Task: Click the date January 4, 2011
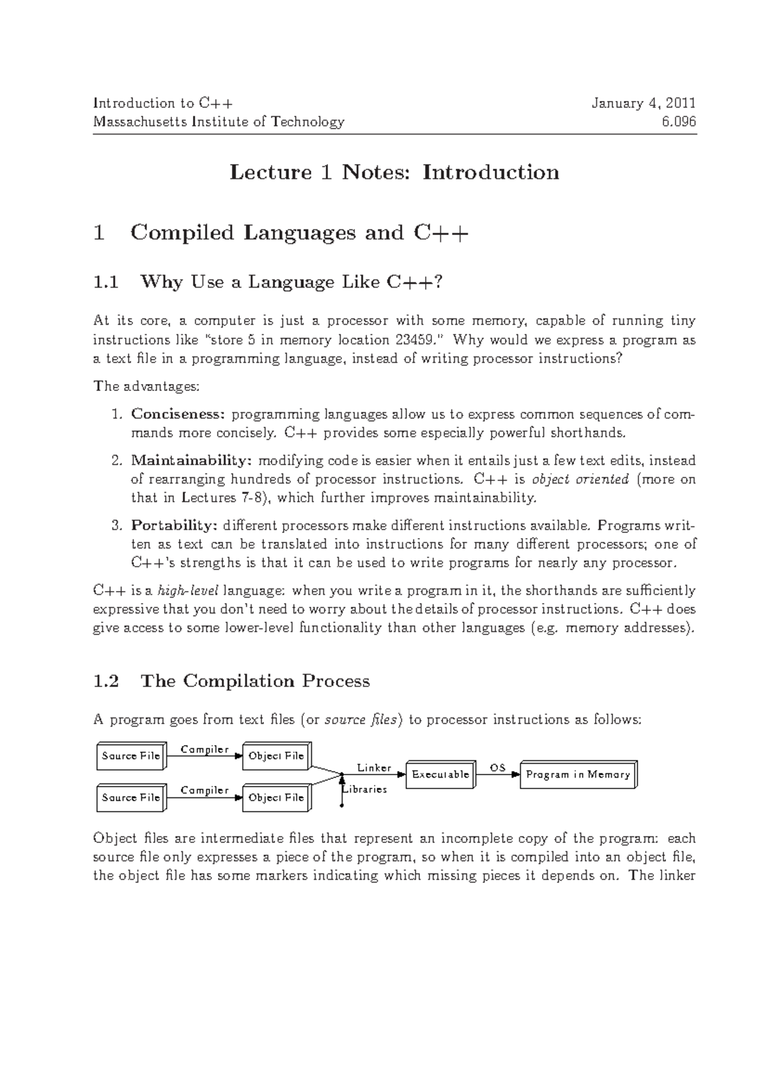tap(643, 103)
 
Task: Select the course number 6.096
tap(679, 121)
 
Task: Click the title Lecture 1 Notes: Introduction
tap(394, 172)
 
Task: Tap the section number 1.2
tap(106, 681)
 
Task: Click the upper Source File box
tap(131, 756)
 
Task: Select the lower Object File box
tap(276, 797)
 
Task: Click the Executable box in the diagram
tap(440, 774)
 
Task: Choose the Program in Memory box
tap(578, 774)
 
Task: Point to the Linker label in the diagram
tap(374, 767)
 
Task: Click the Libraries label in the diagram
tap(366, 789)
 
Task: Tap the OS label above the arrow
tap(497, 767)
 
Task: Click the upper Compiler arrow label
tap(205, 749)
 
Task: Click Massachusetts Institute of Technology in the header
tap(219, 121)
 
